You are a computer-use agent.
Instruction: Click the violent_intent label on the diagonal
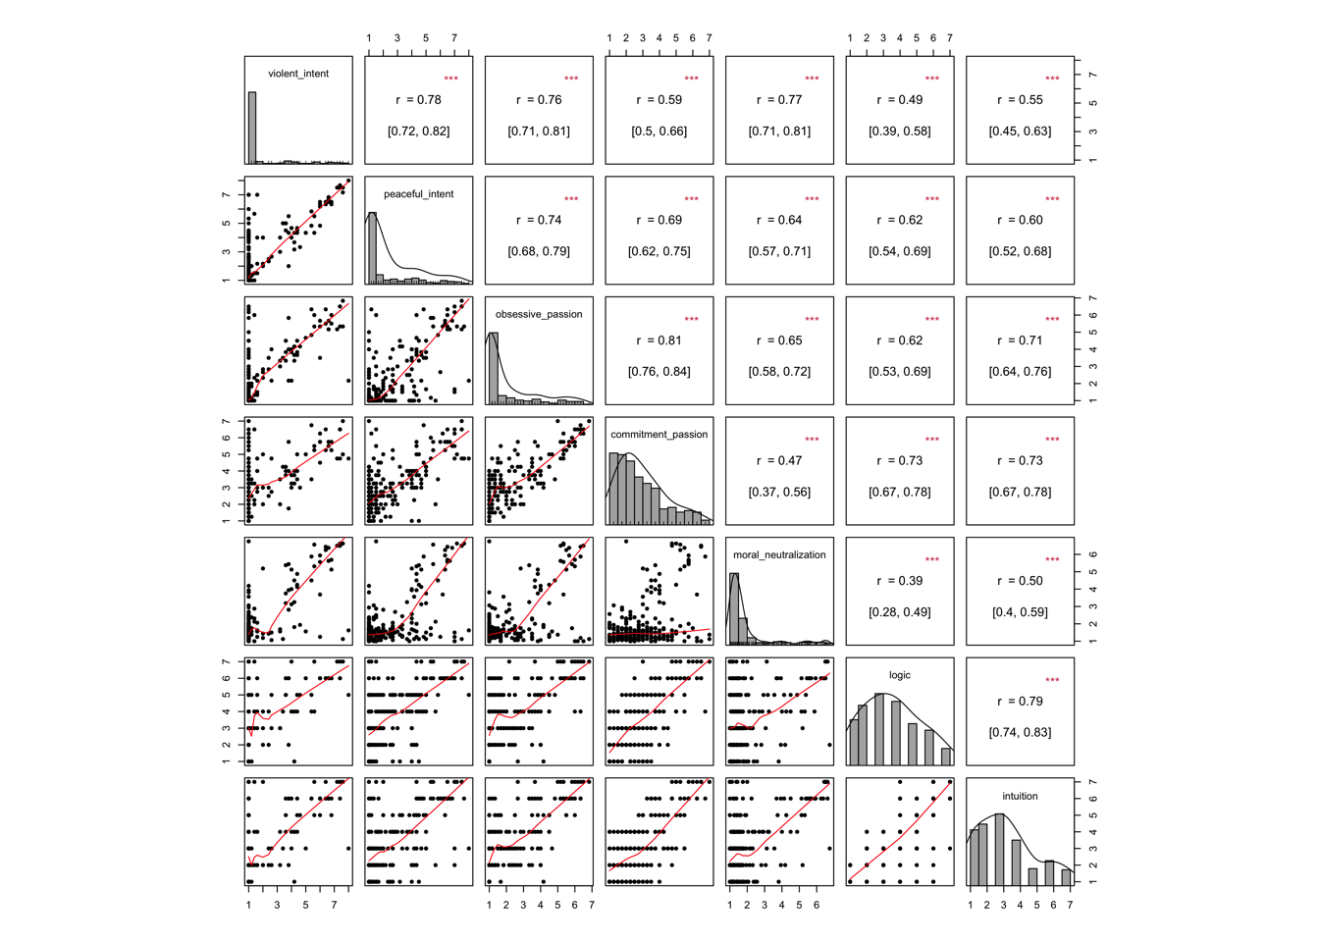[x=298, y=74]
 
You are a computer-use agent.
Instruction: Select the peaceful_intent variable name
[x=418, y=194]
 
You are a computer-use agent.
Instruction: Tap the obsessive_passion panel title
[x=539, y=314]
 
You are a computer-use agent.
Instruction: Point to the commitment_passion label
[x=659, y=435]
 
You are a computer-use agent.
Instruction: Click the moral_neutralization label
[x=779, y=555]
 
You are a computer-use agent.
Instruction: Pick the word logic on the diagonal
[x=899, y=675]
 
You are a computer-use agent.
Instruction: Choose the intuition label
[x=1020, y=796]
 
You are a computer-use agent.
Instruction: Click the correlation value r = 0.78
[x=418, y=100]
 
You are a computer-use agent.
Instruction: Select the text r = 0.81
[x=659, y=340]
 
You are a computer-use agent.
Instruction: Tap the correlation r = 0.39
[x=899, y=581]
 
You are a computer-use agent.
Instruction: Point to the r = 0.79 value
[x=1020, y=702]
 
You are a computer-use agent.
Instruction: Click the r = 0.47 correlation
[x=779, y=461]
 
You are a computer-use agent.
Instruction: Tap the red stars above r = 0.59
[x=692, y=79]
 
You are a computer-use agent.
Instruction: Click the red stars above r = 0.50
[x=1052, y=560]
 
